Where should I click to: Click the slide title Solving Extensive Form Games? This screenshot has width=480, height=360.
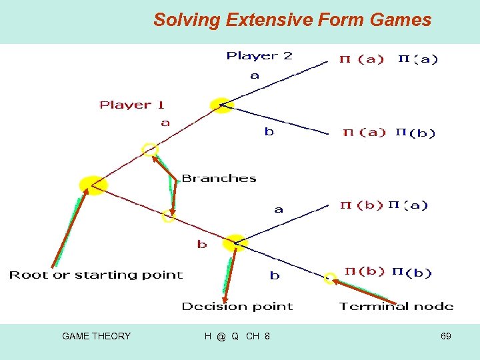[x=292, y=20]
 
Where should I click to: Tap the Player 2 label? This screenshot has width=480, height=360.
[x=259, y=56]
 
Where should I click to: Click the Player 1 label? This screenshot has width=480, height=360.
[x=132, y=105]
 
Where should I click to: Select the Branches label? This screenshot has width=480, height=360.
[x=219, y=179]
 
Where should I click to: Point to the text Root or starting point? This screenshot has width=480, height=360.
[x=95, y=275]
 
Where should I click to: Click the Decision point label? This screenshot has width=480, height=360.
[x=237, y=307]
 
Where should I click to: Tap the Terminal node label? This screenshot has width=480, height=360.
[x=396, y=307]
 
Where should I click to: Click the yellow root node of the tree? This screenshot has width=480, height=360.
[x=92, y=185]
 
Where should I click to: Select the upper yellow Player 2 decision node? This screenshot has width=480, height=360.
[x=221, y=104]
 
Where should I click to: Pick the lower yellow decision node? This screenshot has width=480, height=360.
[x=235, y=243]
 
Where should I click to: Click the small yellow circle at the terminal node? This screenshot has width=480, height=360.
[x=330, y=279]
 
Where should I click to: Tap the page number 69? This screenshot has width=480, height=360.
[x=445, y=336]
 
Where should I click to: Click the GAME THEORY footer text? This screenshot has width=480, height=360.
[x=96, y=336]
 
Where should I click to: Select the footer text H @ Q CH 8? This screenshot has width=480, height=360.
[x=237, y=336]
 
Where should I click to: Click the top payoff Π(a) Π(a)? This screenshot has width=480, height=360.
[x=389, y=59]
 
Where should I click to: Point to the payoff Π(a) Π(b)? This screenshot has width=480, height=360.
[x=389, y=133]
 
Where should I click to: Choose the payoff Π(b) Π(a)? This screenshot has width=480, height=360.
[x=383, y=205]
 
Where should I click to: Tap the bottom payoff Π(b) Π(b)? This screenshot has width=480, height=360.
[x=387, y=272]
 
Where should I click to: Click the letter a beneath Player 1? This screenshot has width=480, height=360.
[x=165, y=123]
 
